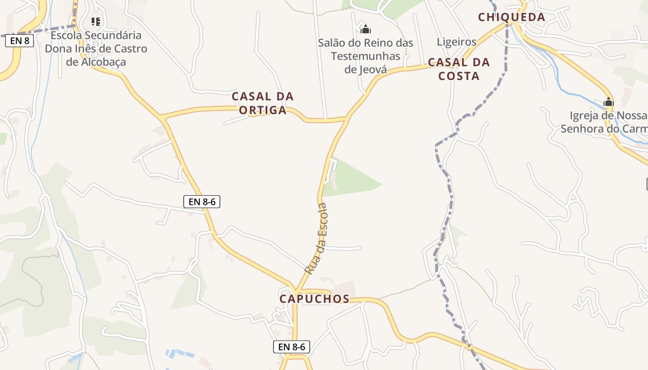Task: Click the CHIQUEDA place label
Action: point(511,18)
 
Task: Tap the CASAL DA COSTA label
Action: point(459,69)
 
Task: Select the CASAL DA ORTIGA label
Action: point(262,103)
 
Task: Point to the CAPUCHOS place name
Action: point(314,299)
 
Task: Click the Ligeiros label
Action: point(456,42)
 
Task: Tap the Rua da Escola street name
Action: point(317,238)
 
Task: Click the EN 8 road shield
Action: point(20,41)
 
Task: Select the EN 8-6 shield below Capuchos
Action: point(291,346)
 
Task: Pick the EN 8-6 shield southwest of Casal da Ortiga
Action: point(201,202)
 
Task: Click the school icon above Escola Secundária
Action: point(96,21)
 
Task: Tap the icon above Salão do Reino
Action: point(366,29)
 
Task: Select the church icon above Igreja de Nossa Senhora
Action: point(608,102)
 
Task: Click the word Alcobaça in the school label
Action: point(96,62)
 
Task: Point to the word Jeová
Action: point(373,69)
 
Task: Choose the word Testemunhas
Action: point(366,56)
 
